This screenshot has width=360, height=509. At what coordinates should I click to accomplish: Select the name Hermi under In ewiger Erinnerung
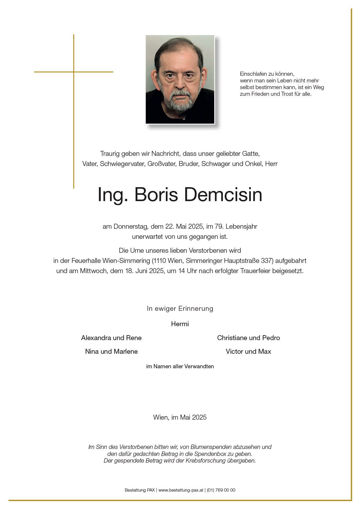coord(180,324)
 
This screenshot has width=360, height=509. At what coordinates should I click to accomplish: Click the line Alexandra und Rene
coord(111,338)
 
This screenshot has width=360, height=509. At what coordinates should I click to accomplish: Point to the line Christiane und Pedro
coord(248,338)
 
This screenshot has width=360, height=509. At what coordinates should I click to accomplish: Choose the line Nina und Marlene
coord(111,351)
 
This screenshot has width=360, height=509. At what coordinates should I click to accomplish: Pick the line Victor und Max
coord(248,351)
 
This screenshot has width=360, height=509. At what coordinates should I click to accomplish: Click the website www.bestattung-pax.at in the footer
coord(181,490)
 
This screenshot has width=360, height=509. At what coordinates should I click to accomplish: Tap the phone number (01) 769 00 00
coord(221,490)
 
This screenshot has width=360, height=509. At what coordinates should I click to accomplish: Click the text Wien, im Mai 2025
coord(180,417)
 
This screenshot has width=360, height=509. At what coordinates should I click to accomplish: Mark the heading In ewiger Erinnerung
coord(180,308)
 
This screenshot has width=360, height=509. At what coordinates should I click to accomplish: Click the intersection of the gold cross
coord(74,72)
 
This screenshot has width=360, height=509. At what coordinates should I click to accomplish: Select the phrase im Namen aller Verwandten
coord(180,367)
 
